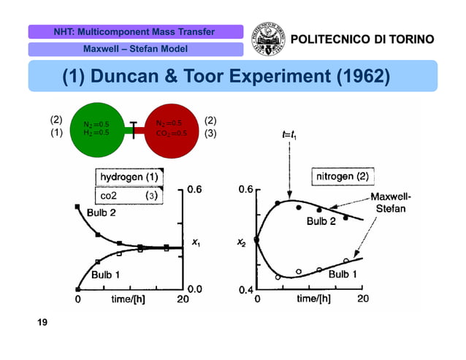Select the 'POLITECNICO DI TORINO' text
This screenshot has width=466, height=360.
(362, 39)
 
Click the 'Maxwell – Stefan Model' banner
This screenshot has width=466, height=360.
(135, 49)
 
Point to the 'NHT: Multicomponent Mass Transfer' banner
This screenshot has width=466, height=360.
(135, 32)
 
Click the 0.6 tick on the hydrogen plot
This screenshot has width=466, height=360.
(195, 190)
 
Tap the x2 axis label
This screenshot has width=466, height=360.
(242, 242)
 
